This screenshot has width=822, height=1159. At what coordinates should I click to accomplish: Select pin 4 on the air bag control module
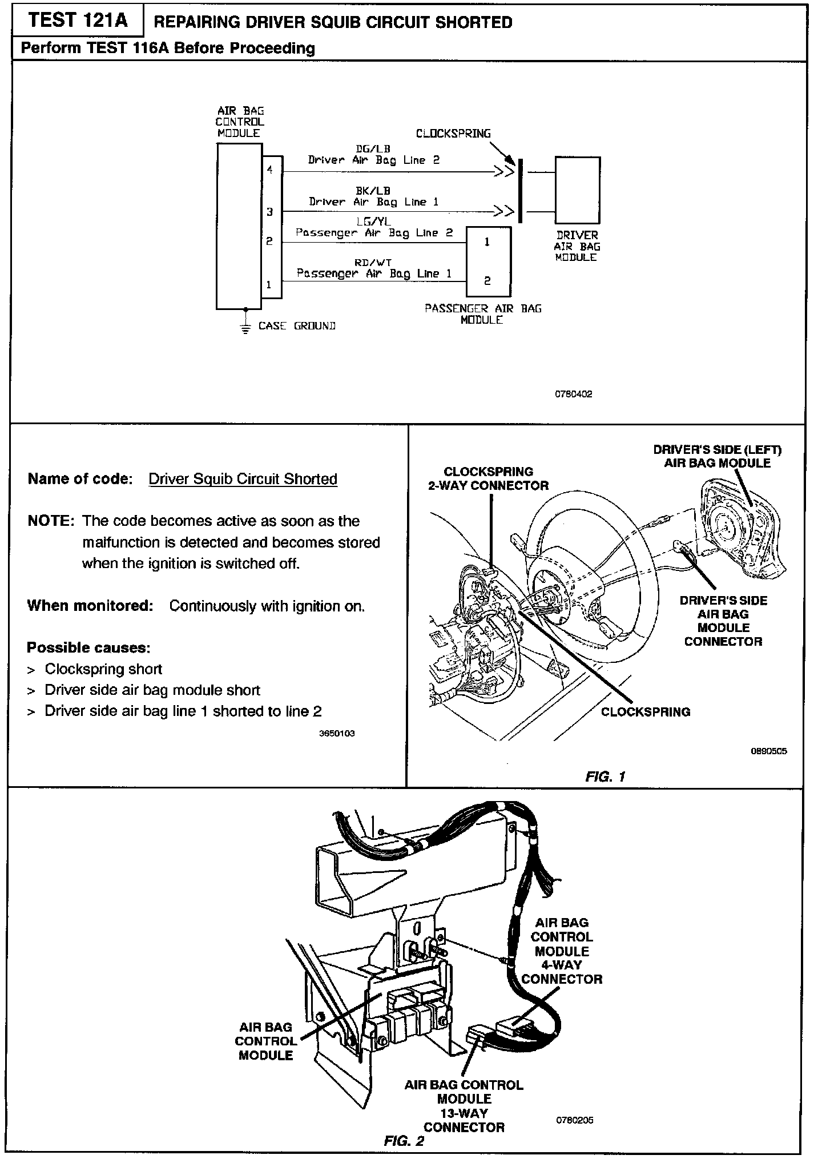coord(270,170)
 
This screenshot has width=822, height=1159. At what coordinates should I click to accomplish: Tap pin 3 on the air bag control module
coord(270,212)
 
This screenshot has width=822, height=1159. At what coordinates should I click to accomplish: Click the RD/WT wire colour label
coord(373,263)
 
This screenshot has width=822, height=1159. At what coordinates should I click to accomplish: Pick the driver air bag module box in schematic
coord(577,190)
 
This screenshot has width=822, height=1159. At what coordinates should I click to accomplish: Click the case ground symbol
coord(245,327)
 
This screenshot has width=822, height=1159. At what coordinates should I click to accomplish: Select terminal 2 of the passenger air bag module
coord(487,281)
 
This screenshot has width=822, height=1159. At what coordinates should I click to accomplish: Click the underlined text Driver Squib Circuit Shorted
coord(243,479)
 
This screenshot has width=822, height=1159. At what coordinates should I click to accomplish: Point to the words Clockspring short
coord(103,669)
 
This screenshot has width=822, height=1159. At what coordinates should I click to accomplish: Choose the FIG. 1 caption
coord(605,776)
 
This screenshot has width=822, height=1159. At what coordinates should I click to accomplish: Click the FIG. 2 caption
coord(404,1141)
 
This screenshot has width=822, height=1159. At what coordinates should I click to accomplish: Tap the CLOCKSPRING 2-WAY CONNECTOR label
coord(488,478)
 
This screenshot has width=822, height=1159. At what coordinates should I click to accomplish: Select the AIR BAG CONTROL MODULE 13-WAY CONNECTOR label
coord(464,1106)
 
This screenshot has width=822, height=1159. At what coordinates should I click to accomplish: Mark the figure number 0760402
coord(573,394)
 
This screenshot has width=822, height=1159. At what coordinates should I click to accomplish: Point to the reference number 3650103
coord(337,733)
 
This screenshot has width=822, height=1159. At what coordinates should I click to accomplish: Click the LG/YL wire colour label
coord(374,222)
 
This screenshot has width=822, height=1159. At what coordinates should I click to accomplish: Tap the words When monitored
coord(90,606)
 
